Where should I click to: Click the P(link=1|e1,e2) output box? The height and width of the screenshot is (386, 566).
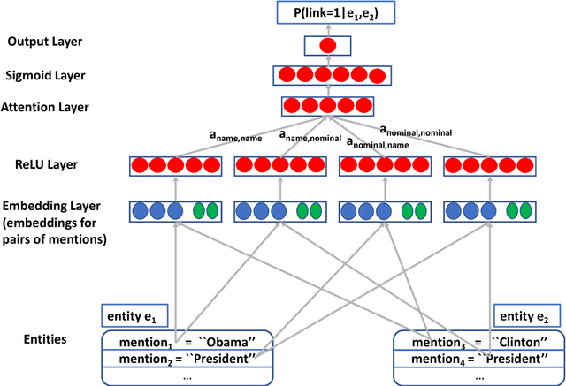pyautogui.click(x=327, y=12)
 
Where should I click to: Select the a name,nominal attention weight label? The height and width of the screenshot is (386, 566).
pyautogui.click(x=309, y=136)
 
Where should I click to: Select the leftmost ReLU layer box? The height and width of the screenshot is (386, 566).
pyautogui.click(x=175, y=165)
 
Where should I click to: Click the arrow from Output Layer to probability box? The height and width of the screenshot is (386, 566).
pyautogui.click(x=327, y=28)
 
